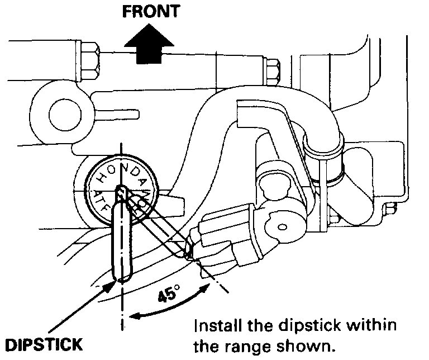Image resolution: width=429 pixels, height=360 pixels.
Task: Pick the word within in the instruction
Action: (375, 326)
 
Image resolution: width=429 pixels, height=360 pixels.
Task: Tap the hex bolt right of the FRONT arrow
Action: (273, 70)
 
